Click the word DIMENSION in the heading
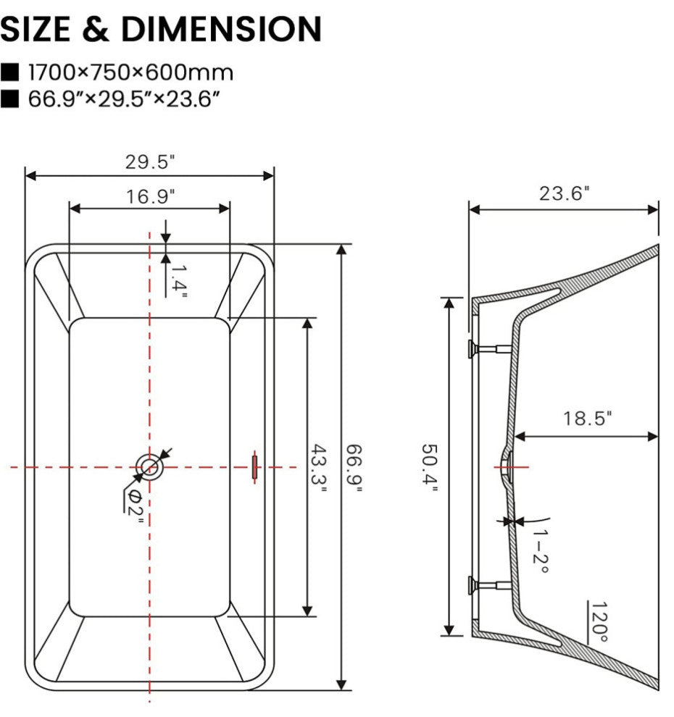(x=221, y=29)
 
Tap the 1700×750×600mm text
(x=130, y=72)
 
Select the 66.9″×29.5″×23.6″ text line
(x=123, y=98)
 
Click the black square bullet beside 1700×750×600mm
(x=10, y=72)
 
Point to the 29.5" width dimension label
(x=149, y=162)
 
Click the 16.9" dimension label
(x=149, y=196)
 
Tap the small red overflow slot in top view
(x=254, y=466)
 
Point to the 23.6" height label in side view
(x=564, y=193)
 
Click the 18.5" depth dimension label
(x=587, y=419)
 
